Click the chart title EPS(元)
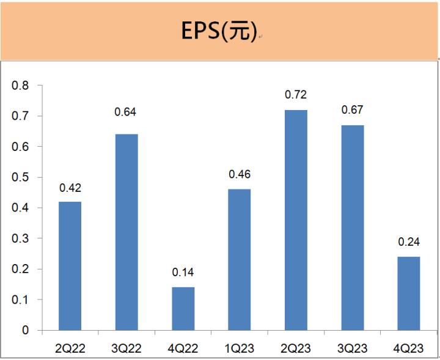[219, 31]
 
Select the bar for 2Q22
[70, 266]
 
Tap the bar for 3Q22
[127, 232]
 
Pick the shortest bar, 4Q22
[183, 309]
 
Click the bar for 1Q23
[239, 260]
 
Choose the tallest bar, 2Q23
[296, 220]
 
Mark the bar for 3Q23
[352, 227]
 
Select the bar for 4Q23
[409, 293]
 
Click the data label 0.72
[296, 95]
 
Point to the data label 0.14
[183, 272]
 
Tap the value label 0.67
[352, 110]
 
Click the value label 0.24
[409, 241]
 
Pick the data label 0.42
[70, 187]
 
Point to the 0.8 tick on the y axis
[21, 86]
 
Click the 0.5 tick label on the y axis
[21, 177]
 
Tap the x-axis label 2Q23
[296, 348]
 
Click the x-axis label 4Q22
[183, 348]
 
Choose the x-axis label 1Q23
[239, 348]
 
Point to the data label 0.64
[127, 112]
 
